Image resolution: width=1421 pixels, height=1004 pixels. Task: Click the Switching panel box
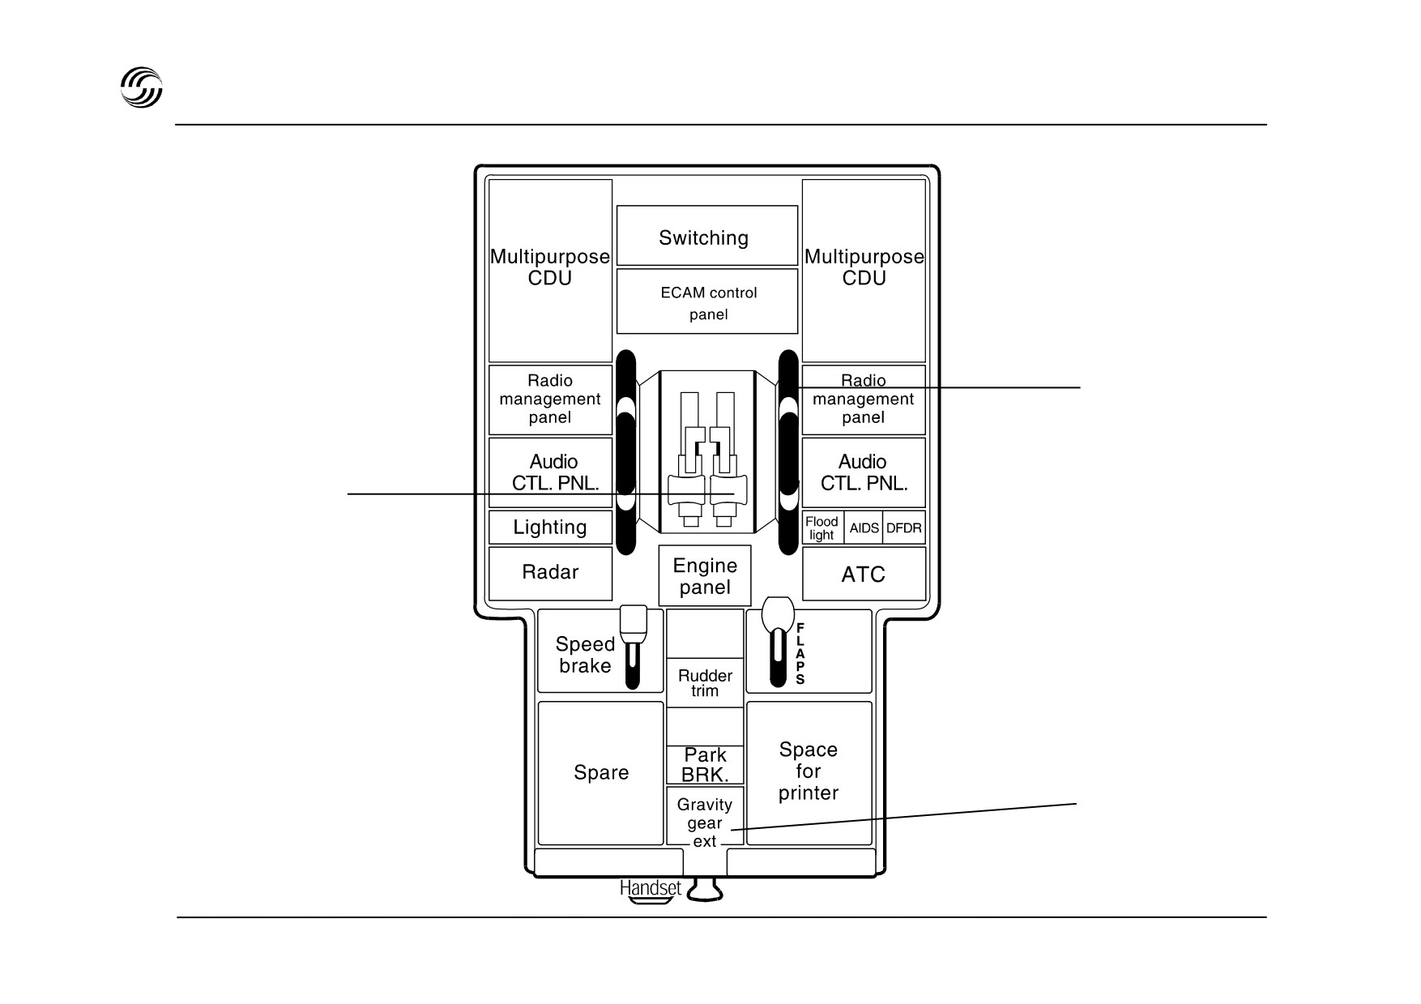pyautogui.click(x=707, y=235)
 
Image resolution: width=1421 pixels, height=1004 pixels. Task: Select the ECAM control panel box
pyautogui.click(x=707, y=301)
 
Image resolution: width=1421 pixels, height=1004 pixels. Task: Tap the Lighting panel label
pyautogui.click(x=550, y=528)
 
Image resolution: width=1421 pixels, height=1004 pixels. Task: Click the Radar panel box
pyautogui.click(x=550, y=574)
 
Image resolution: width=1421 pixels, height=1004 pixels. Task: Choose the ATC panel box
pyautogui.click(x=864, y=574)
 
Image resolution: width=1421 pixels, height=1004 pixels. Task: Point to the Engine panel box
pyautogui.click(x=705, y=575)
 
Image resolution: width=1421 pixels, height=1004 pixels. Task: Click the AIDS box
pyautogui.click(x=864, y=528)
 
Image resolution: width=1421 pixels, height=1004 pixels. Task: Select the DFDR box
pyautogui.click(x=904, y=528)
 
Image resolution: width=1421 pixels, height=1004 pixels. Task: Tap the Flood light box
pyautogui.click(x=823, y=528)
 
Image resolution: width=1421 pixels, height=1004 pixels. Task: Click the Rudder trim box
pyautogui.click(x=705, y=682)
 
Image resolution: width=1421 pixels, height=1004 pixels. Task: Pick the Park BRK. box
pyautogui.click(x=705, y=765)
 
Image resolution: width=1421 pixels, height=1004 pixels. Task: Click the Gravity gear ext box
pyautogui.click(x=705, y=816)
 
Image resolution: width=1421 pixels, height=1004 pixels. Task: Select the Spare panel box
pyautogui.click(x=601, y=773)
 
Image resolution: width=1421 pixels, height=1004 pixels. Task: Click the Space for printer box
pyautogui.click(x=809, y=773)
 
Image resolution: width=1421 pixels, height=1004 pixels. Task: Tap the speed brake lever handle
pyautogui.click(x=634, y=620)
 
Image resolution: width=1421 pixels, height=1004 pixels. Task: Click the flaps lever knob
pyautogui.click(x=778, y=613)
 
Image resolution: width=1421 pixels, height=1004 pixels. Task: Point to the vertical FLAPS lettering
pyautogui.click(x=800, y=654)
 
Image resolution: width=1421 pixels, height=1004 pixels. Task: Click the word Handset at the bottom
pyautogui.click(x=651, y=888)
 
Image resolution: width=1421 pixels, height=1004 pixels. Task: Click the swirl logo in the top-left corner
pyautogui.click(x=142, y=88)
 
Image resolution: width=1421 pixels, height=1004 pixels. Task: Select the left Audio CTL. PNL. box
pyautogui.click(x=550, y=472)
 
